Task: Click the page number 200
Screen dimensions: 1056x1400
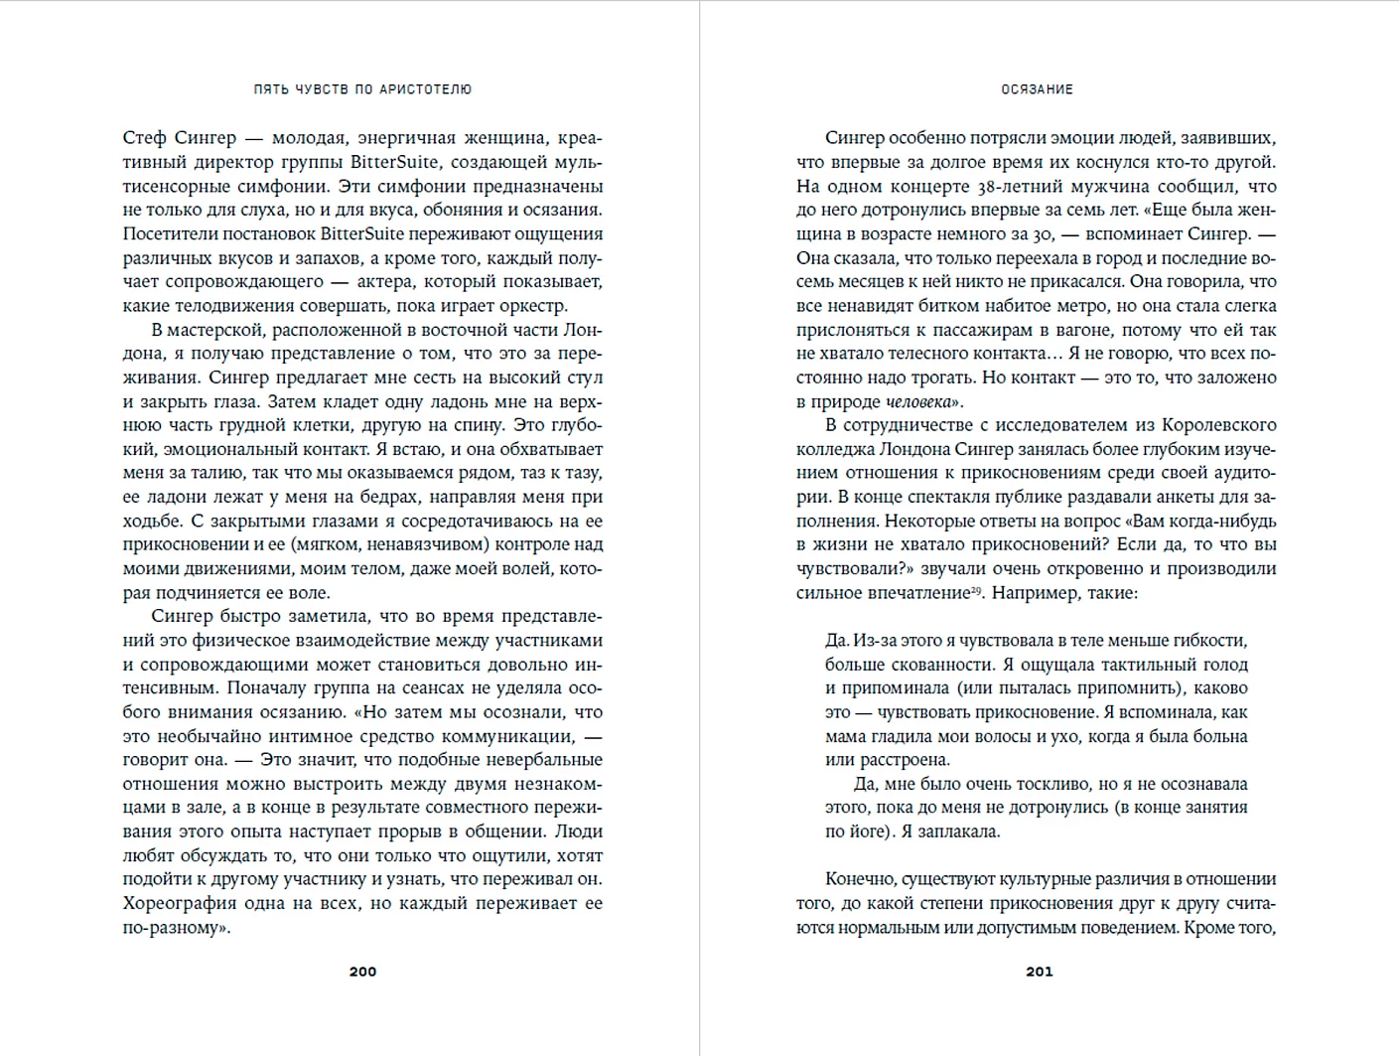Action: pos(362,972)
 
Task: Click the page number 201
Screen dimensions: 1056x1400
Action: pos(1039,972)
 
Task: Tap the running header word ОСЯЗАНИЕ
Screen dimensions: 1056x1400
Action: pos(1037,89)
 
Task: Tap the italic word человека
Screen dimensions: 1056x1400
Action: pos(917,402)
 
